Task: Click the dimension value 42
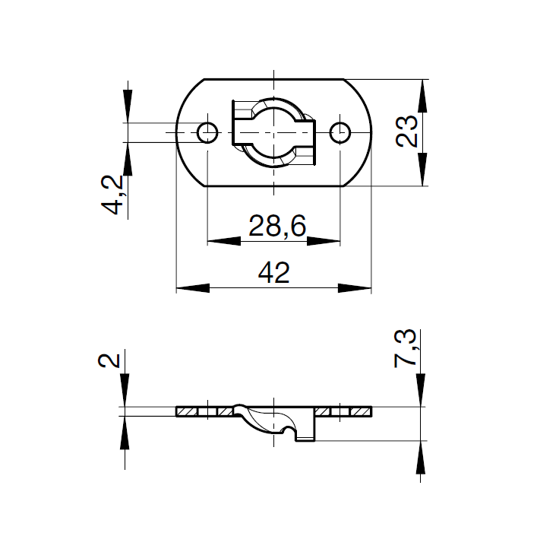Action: point(274,273)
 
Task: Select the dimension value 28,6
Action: point(273,226)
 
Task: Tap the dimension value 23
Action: point(408,132)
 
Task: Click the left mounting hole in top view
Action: point(207,132)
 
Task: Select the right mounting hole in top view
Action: point(340,132)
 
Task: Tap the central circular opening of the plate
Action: point(273,132)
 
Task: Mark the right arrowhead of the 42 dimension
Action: point(355,288)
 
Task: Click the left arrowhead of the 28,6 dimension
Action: point(223,241)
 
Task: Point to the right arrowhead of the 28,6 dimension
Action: point(324,241)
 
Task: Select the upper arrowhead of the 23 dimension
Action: point(422,95)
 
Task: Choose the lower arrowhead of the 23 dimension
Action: point(422,169)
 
